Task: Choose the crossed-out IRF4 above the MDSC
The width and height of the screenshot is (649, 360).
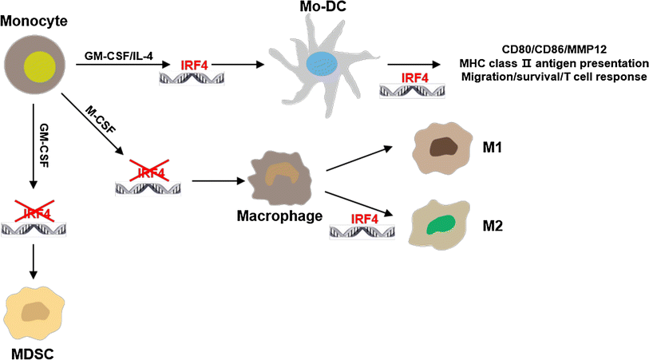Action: pos(34,213)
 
